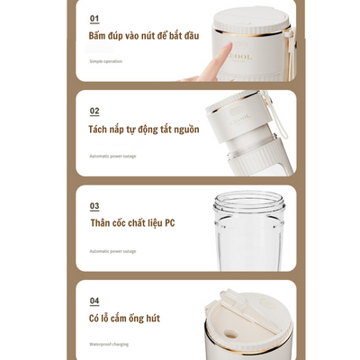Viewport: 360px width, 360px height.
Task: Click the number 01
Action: (94, 18)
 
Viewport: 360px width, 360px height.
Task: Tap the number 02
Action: (94, 112)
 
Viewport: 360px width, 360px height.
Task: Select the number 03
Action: (94, 206)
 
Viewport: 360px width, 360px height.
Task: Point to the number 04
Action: (94, 301)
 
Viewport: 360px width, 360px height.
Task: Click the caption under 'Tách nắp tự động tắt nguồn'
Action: (112, 156)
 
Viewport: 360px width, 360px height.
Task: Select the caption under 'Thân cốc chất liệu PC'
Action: (112, 250)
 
